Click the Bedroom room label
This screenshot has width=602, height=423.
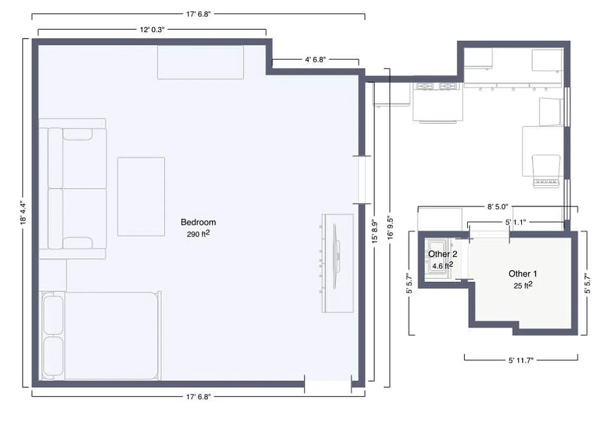198,222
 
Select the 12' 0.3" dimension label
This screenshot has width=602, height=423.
152,30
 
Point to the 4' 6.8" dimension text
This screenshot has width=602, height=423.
316,60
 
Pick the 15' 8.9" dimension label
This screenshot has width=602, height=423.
374,231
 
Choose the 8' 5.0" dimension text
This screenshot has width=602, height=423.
497,207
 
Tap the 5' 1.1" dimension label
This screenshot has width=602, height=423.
515,223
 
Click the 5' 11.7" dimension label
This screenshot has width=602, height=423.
521,360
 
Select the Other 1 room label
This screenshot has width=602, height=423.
522,273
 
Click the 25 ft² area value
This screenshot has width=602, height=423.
522,285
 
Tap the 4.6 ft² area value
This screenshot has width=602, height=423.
442,265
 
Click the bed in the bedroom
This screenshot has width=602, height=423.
100,335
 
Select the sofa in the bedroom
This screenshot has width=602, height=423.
72,188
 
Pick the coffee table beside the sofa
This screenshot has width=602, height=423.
141,196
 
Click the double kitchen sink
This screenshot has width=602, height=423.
437,86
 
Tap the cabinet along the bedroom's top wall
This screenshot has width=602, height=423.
200,62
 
